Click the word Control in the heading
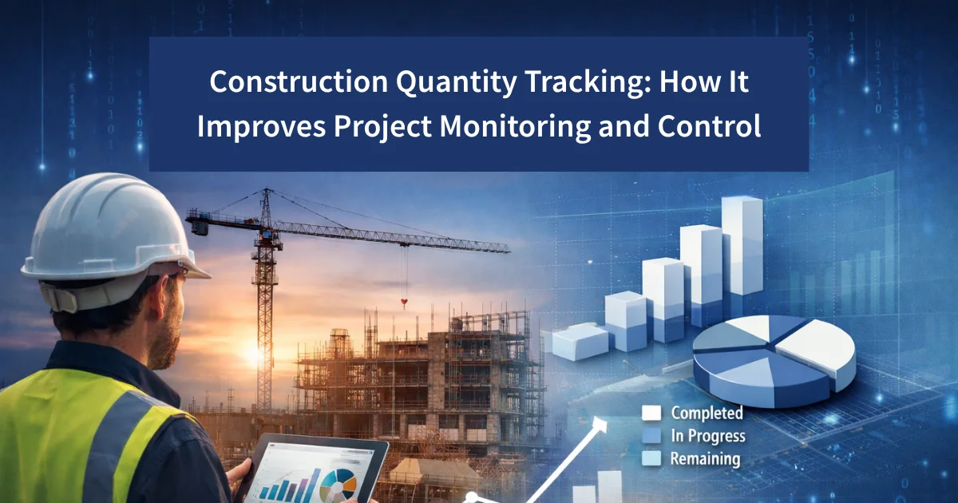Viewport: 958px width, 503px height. (x=715, y=127)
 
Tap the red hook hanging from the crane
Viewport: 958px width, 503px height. (x=405, y=303)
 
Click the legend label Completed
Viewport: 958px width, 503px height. (x=707, y=413)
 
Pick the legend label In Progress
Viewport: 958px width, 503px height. (x=708, y=436)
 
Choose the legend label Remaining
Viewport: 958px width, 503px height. (x=705, y=459)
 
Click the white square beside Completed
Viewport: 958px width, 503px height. (x=652, y=413)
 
